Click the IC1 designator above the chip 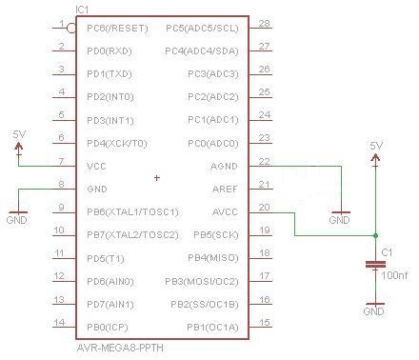coord(82,10)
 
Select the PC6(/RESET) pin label coord(117,29)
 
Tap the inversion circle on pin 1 coord(71,29)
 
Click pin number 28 coord(264,23)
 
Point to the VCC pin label coord(96,167)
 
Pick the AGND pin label coord(224,167)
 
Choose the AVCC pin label coord(225,212)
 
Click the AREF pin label coord(225,190)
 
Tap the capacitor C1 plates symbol coord(375,265)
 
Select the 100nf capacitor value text coord(394,275)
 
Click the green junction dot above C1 coord(375,235)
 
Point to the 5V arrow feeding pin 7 coord(19,147)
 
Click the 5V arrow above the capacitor coord(375,158)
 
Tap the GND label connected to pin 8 coord(16,220)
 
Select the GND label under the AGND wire coord(339,220)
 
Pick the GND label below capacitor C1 coord(373,311)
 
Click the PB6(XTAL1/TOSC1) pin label coord(132,212)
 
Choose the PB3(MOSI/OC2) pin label coord(202,282)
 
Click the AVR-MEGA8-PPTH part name coord(120,348)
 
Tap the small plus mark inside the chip coord(157,178)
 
